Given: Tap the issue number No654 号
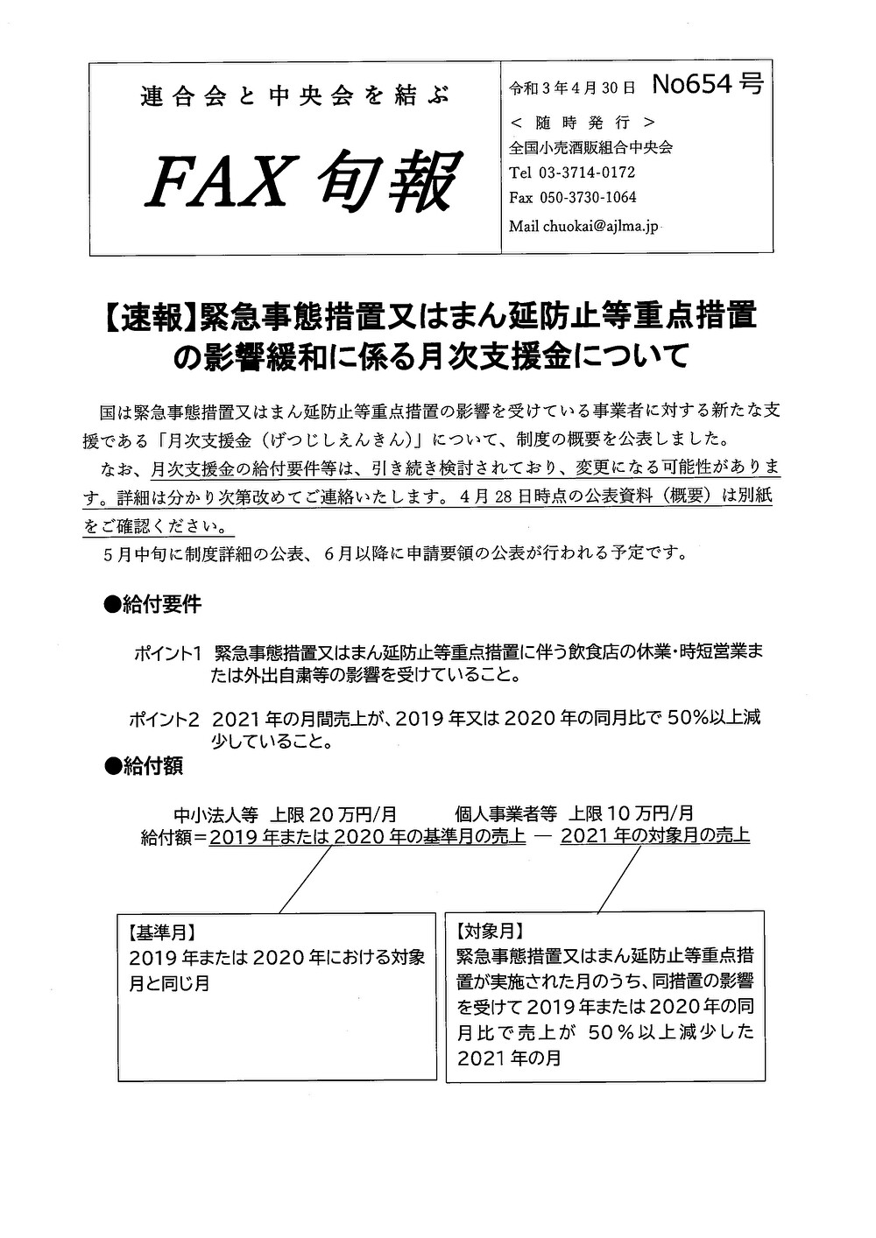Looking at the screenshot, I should tap(707, 84).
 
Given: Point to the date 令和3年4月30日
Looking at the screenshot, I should tap(571, 87).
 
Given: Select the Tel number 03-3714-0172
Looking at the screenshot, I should tap(589, 172).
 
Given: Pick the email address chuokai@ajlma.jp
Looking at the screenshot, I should tap(600, 227).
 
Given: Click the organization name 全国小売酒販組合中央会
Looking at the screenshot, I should tap(590, 147).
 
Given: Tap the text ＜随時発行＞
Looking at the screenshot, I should tap(582, 122).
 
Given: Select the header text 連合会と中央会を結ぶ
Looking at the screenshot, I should tap(294, 96).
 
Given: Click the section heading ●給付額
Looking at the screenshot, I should tap(143, 765).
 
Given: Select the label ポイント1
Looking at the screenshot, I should tap(168, 653).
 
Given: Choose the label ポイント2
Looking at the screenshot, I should tap(164, 719).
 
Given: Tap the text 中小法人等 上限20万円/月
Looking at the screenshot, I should tap(286, 813).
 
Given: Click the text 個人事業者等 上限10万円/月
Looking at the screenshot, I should tap(574, 813).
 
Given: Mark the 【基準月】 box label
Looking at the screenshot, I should tap(161, 931).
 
